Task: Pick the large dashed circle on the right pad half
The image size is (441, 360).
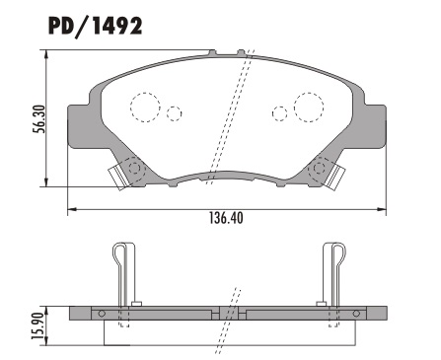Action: pyautogui.click(x=307, y=106)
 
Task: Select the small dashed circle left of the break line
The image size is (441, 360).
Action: pyautogui.click(x=175, y=113)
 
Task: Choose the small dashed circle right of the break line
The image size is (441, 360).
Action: pyautogui.click(x=278, y=113)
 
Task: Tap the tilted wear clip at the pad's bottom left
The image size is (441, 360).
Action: pyautogui.click(x=120, y=176)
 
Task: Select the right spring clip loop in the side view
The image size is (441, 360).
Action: pyautogui.click(x=332, y=258)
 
